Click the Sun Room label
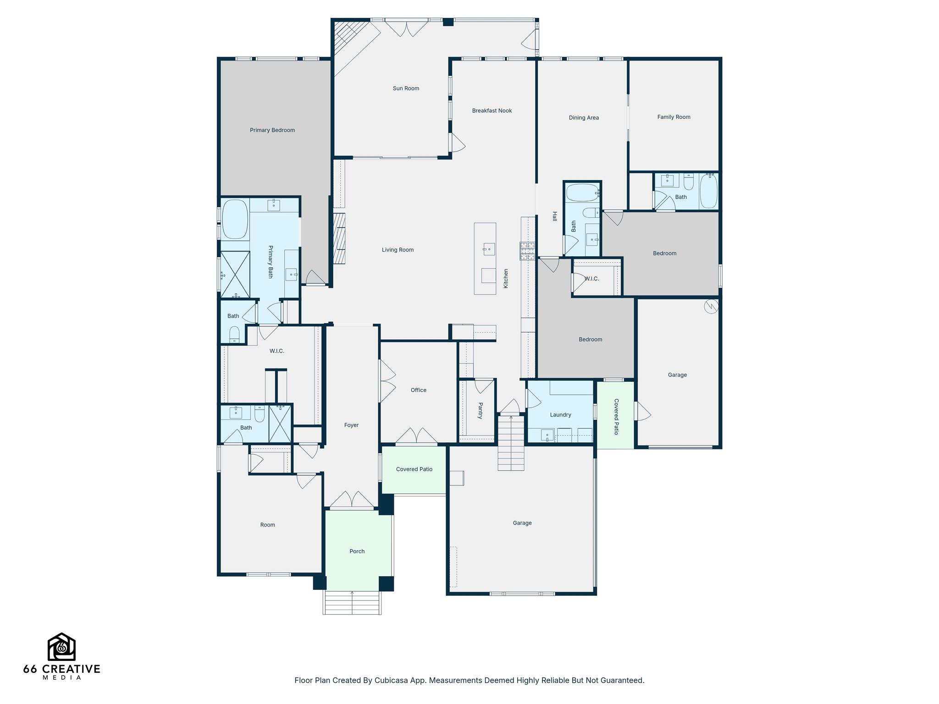(406, 88)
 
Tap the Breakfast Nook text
(492, 110)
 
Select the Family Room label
(674, 117)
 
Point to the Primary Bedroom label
(272, 130)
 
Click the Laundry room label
(560, 415)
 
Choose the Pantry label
(481, 411)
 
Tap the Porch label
(357, 551)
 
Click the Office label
(418, 390)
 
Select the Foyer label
(351, 425)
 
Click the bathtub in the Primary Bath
(235, 219)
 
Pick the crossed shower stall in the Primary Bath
(235, 275)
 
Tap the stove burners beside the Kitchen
(527, 250)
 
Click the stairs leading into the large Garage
(511, 443)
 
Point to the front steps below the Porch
(352, 603)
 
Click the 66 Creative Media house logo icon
(61, 647)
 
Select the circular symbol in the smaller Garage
(711, 306)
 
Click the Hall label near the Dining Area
(554, 216)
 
